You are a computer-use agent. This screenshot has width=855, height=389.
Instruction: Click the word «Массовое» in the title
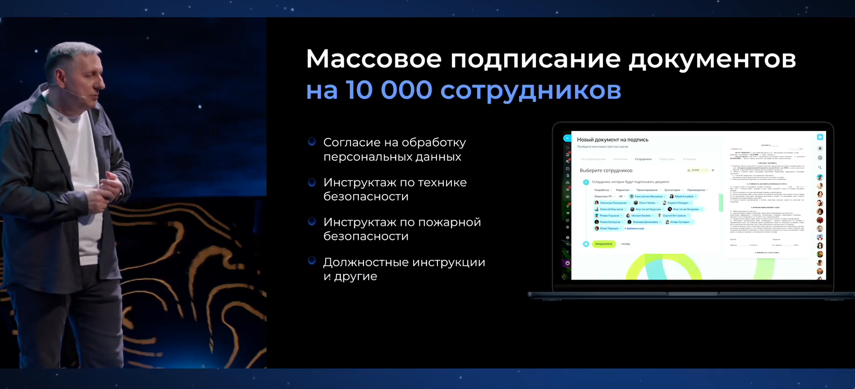click(x=373, y=59)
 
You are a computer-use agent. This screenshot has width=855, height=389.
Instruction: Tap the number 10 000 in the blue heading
click(x=389, y=89)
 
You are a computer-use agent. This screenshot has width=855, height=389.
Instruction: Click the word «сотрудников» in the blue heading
click(x=530, y=90)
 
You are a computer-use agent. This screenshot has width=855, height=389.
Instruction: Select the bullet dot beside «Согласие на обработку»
click(x=312, y=142)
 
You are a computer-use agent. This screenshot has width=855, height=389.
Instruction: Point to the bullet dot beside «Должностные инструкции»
click(x=312, y=261)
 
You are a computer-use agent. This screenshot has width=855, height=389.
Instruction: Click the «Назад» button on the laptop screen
click(x=625, y=244)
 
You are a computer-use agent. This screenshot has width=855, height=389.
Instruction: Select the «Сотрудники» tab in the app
click(x=643, y=159)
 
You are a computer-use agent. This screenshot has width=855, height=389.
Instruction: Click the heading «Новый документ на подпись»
click(x=612, y=140)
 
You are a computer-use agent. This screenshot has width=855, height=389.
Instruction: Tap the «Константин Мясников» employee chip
click(x=647, y=197)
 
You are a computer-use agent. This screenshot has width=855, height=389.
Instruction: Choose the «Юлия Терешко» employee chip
click(x=608, y=229)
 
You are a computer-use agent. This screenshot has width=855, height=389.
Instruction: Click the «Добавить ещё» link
click(x=635, y=229)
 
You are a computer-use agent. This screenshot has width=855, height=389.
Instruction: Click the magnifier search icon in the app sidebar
click(x=820, y=167)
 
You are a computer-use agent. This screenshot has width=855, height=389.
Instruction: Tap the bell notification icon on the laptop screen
click(x=820, y=149)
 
